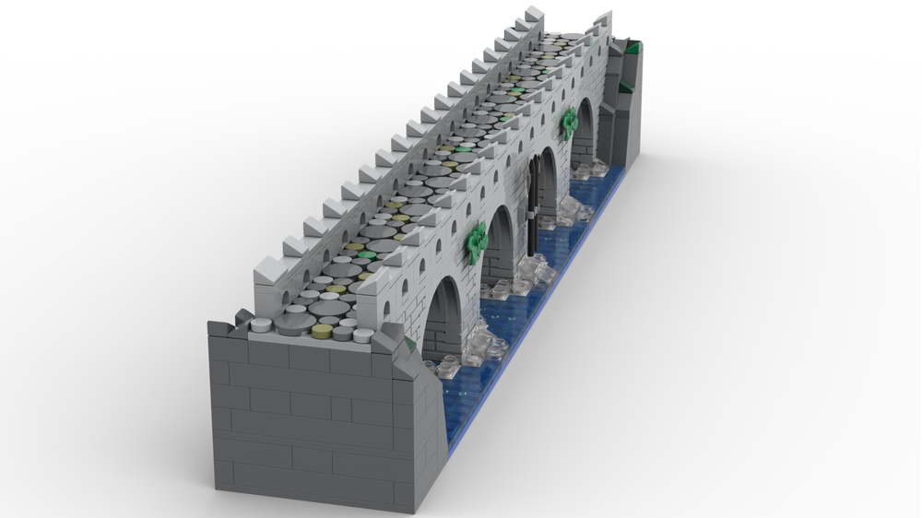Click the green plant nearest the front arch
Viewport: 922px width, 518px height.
pyautogui.click(x=477, y=241)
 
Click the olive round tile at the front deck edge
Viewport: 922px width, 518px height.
pyautogui.click(x=324, y=332)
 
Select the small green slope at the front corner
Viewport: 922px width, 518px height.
pyautogui.click(x=408, y=346)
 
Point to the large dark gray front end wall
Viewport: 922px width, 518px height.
pyautogui.click(x=313, y=415)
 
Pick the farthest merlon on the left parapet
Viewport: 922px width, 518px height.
pyautogui.click(x=532, y=16)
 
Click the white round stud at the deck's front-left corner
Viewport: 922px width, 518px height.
pyautogui.click(x=263, y=324)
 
